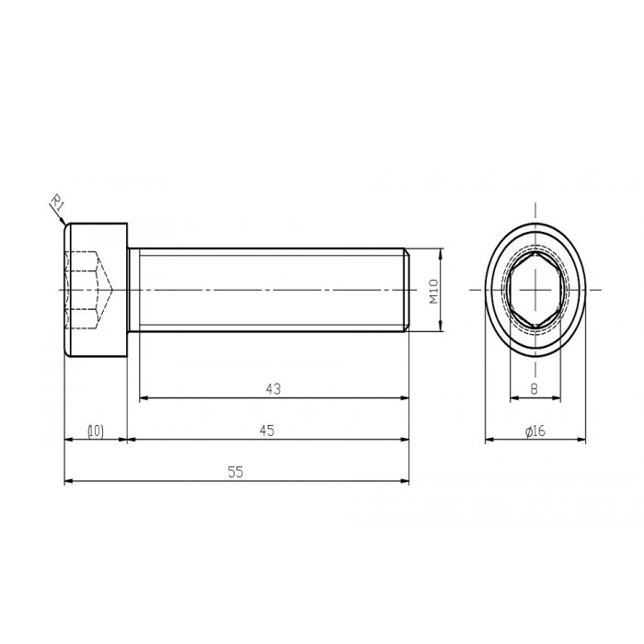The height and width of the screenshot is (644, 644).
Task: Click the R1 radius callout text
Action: (x=55, y=202)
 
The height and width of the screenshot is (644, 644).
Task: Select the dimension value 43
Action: (x=272, y=389)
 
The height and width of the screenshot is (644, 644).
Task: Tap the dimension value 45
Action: (x=268, y=431)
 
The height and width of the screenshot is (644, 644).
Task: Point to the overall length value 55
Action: (x=236, y=472)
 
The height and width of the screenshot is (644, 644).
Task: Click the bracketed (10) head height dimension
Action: (x=95, y=431)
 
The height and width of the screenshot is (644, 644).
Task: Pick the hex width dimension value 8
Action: (x=535, y=389)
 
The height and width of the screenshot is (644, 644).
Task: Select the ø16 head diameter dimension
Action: (x=535, y=431)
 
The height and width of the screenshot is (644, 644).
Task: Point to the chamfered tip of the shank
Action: (x=406, y=291)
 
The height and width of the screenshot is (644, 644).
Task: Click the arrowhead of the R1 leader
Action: (x=63, y=222)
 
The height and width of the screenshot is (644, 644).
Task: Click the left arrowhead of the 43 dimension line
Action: (x=144, y=398)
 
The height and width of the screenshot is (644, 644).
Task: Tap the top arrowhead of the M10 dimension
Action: (x=443, y=252)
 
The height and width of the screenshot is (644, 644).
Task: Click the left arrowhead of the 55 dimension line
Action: (x=68, y=481)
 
